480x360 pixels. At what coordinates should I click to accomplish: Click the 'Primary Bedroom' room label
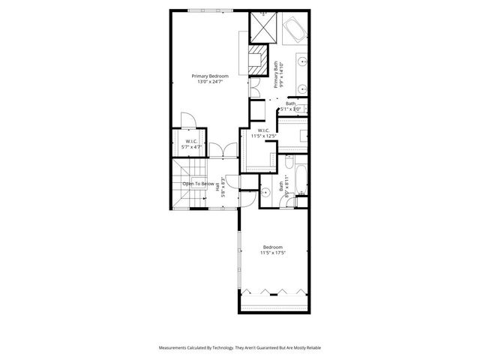209,76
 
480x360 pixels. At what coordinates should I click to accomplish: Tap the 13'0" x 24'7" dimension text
209,82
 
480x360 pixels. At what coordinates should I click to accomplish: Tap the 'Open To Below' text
199,184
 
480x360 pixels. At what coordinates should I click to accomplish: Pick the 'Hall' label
219,190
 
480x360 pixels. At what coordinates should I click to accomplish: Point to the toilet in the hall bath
301,197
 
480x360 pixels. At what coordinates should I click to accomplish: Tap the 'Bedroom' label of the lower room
272,247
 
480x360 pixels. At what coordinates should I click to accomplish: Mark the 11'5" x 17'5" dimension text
272,253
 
